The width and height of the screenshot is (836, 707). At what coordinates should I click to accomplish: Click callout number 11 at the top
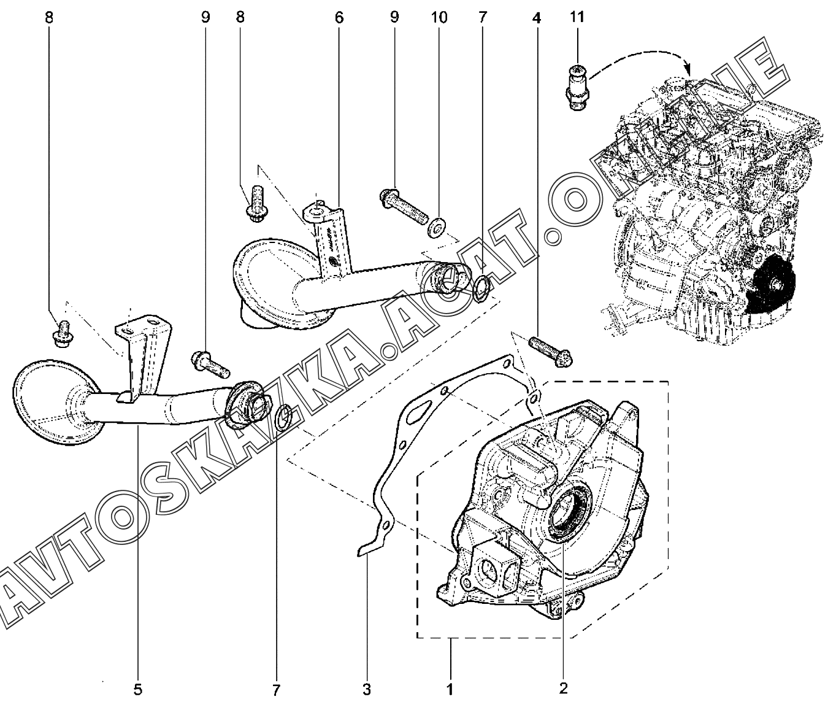coord(577,17)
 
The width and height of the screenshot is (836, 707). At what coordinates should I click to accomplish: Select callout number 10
coord(439,17)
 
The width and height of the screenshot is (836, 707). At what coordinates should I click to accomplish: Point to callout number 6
coord(339,17)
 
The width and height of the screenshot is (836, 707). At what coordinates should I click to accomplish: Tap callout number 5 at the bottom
coord(137,689)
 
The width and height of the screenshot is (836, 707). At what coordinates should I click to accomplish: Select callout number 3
coord(366,689)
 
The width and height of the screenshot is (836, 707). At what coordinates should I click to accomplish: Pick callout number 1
coord(450,689)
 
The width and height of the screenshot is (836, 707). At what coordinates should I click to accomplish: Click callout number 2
coord(563,688)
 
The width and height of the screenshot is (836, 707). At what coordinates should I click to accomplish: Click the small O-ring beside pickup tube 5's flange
coord(283,418)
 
